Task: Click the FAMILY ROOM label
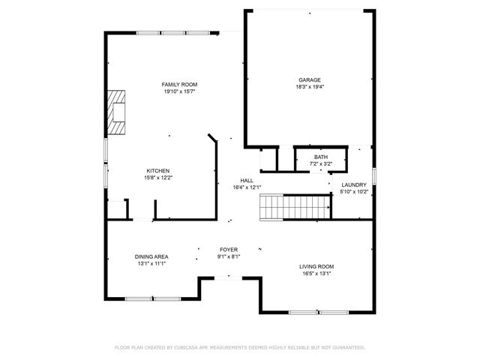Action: click(x=180, y=84)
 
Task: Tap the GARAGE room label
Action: click(x=310, y=79)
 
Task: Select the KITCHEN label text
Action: click(x=157, y=171)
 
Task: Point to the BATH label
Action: click(x=321, y=157)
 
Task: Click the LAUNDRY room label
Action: click(x=354, y=184)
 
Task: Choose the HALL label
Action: click(x=247, y=181)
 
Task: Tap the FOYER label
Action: click(x=229, y=249)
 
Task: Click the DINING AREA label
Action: click(x=151, y=256)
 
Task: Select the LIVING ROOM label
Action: click(x=316, y=266)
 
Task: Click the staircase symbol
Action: click(x=295, y=205)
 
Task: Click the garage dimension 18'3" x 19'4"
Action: click(x=310, y=87)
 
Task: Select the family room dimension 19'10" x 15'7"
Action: click(x=180, y=91)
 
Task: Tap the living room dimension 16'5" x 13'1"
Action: click(x=316, y=274)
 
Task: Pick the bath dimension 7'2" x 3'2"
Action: click(x=321, y=163)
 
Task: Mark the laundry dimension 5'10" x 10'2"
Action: click(x=354, y=192)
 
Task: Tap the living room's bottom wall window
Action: click(x=317, y=312)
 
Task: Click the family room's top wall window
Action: click(x=178, y=31)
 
